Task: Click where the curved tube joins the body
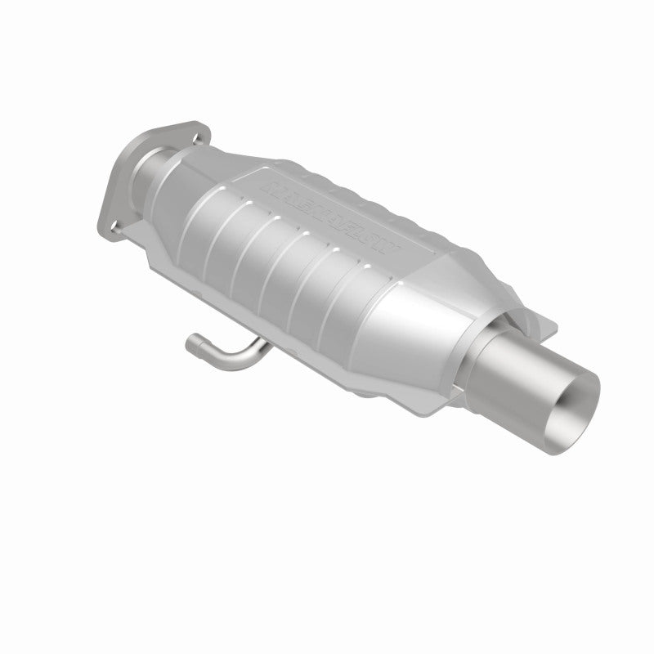[266, 347]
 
